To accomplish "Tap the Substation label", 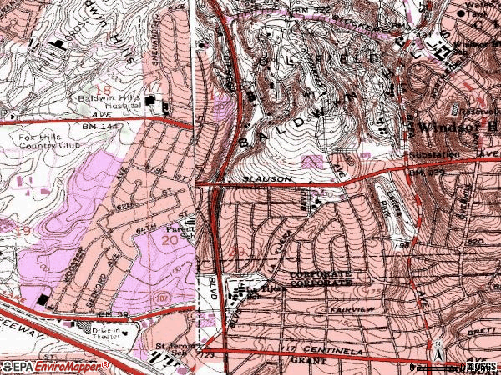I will (x=429, y=155).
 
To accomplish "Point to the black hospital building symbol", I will (x=153, y=102).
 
